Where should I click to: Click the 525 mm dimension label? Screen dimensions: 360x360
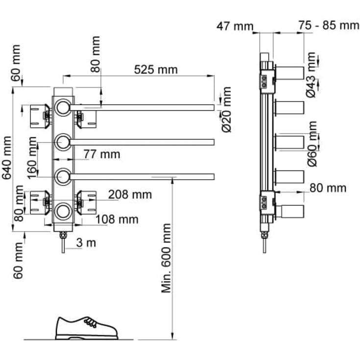point(156,70)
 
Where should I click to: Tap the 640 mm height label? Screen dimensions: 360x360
point(7,158)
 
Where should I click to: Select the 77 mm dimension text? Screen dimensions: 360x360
point(102,154)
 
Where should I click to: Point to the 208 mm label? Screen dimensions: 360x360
point(130,195)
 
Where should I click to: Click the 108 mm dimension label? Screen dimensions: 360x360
point(117,219)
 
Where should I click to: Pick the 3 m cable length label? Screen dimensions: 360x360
point(86,243)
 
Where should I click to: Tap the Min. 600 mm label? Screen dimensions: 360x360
point(166,258)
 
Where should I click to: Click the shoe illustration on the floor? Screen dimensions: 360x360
point(87,328)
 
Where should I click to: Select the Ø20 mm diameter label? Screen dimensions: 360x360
point(227,110)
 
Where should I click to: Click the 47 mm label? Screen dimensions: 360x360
point(235,26)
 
